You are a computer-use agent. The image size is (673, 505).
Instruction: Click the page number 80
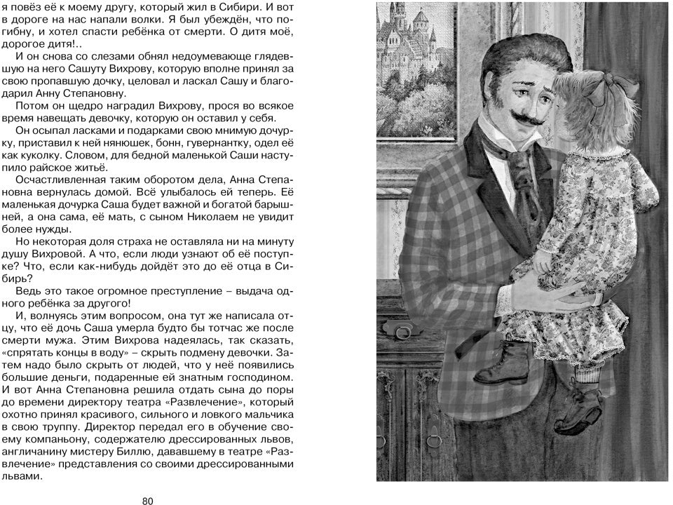pyautogui.click(x=147, y=500)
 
